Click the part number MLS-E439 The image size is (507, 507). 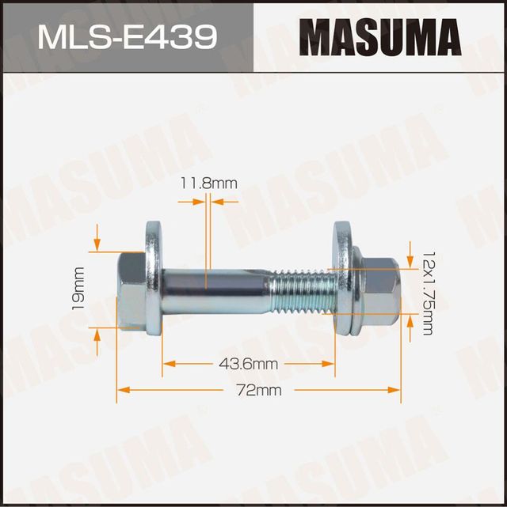126,36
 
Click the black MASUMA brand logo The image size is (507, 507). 380,36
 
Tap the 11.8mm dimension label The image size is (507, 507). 208,184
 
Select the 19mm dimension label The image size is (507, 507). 78,288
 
